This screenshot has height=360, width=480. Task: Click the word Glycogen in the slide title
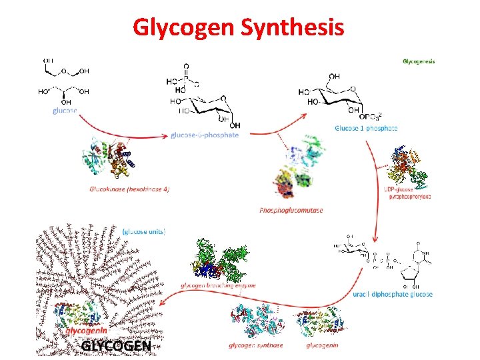coord(175,27)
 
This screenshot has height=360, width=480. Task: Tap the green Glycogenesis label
coord(419,61)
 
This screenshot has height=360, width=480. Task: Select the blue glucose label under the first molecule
coord(65,111)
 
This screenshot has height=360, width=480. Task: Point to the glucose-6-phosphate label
coord(205,135)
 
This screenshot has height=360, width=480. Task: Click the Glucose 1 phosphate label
coord(366,127)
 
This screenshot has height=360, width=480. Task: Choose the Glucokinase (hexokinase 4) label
coord(129,189)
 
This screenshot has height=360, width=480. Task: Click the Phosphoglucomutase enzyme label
coord(291,210)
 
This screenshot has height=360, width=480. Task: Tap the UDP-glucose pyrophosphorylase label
coord(408,193)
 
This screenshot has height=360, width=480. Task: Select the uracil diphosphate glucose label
coord(393,294)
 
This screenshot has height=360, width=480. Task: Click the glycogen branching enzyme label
coord(218,285)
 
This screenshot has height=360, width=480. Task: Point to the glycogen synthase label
coord(255,345)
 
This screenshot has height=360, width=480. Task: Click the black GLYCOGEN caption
coord(115,346)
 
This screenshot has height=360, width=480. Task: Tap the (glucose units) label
coord(144,231)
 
